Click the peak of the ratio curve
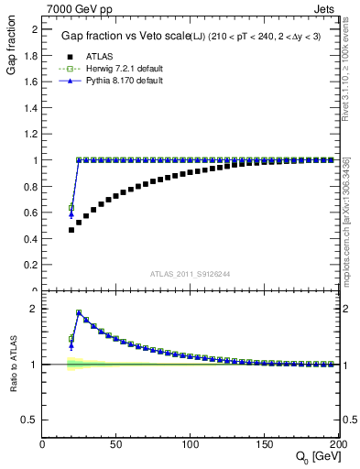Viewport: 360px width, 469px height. [79, 312]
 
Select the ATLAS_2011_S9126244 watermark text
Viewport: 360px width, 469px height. [190, 273]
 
